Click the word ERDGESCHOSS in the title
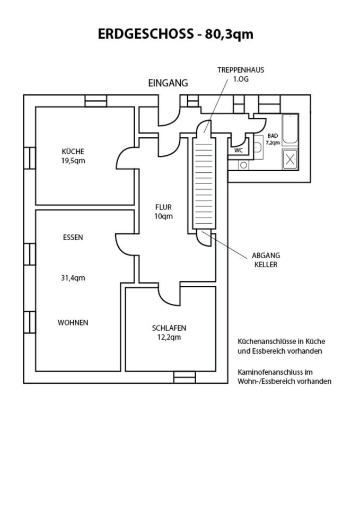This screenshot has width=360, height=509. [145, 34]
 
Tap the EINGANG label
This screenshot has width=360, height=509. [168, 83]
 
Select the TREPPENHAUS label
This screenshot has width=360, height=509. [241, 70]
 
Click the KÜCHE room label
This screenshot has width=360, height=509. [73, 152]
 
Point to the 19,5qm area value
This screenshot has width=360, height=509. [73, 161]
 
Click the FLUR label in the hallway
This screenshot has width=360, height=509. [163, 207]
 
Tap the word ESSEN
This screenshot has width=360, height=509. [73, 238]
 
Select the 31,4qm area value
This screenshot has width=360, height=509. [73, 278]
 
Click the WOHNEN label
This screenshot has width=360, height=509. [73, 322]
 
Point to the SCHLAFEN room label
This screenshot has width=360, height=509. [169, 328]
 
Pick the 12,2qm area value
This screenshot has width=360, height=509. [169, 337]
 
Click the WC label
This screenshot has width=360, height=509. [239, 150]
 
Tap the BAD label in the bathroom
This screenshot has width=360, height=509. [273, 136]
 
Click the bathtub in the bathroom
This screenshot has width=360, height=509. [290, 129]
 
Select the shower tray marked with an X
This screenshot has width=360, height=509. [290, 159]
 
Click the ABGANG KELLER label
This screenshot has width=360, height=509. [266, 260]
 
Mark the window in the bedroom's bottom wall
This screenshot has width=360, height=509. [185, 377]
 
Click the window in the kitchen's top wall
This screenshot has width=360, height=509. [96, 101]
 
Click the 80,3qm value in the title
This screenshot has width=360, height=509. [229, 34]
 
